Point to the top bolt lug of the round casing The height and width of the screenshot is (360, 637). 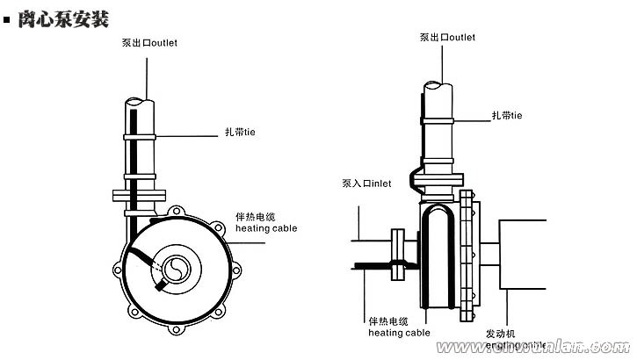pyautogui.click(x=179, y=212)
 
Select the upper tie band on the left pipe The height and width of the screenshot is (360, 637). pyautogui.click(x=139, y=137)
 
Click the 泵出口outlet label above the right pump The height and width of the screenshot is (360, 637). pyautogui.click(x=447, y=38)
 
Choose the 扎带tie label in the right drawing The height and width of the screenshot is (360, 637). pyautogui.click(x=507, y=115)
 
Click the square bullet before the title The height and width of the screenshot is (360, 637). pyautogui.click(x=8, y=18)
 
